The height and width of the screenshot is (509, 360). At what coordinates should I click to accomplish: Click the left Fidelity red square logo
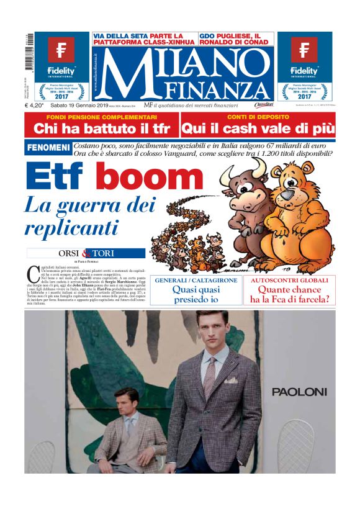pos(61,49)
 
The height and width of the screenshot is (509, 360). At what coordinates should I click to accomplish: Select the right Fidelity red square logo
pos(304,49)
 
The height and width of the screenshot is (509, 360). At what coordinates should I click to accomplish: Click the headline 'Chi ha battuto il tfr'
pos(102,129)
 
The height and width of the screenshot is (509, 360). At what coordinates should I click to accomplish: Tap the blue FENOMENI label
pos(48,148)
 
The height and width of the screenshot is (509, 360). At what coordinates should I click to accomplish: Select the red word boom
pos(150,178)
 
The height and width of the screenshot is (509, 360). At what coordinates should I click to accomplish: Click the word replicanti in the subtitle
pos(71,227)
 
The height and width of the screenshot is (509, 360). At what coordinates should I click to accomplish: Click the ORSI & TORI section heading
pos(86,253)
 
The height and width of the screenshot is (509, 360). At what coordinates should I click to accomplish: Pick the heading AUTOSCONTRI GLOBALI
pos(289,281)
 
